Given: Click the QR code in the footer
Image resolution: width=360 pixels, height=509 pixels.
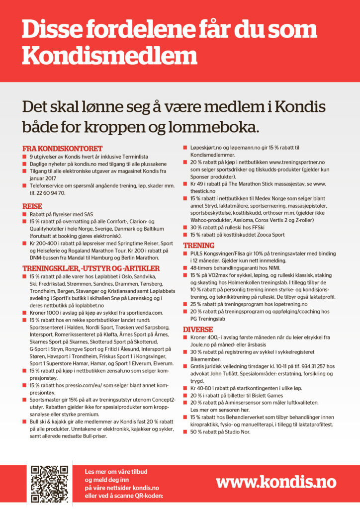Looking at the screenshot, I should pos(49,484).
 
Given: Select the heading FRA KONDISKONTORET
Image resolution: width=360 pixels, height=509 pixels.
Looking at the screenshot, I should pos(63,148).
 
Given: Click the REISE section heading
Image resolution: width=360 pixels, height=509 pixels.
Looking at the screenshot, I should pos(32,206).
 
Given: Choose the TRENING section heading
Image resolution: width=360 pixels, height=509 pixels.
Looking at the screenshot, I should pos(199,246).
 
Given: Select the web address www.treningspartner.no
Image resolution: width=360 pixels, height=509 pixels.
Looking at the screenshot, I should pos(297,162).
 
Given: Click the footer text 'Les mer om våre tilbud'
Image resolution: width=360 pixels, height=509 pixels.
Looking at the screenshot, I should pos(116,471).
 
